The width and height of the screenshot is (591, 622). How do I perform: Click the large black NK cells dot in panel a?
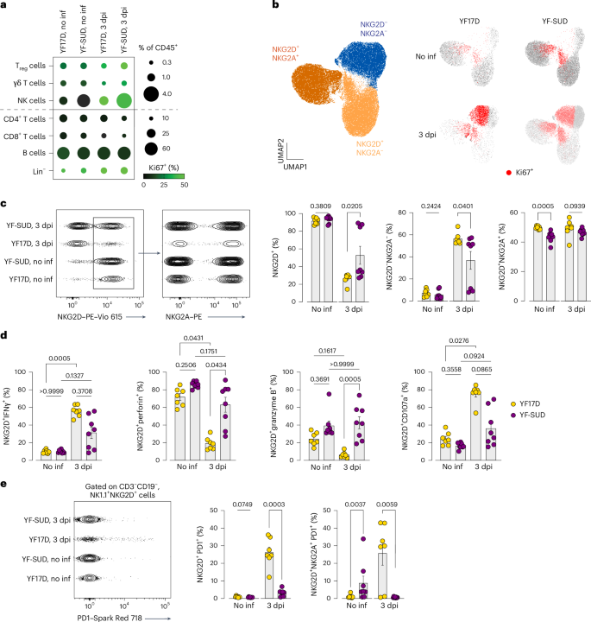pos(84,101)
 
